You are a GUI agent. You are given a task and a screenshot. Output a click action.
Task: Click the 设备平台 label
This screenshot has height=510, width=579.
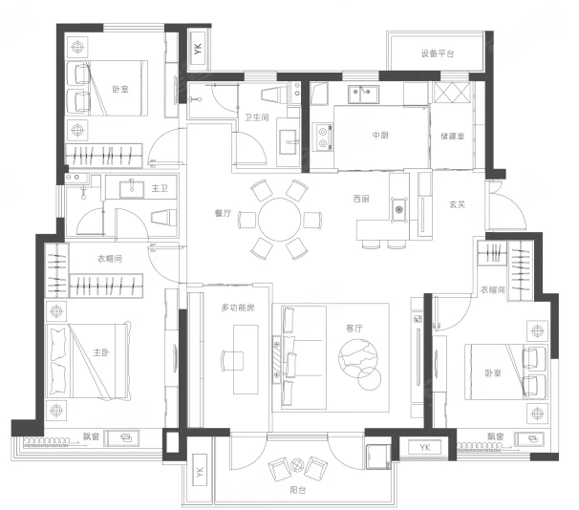click(x=438, y=53)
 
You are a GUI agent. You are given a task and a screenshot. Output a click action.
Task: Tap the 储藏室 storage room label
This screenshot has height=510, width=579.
click(x=452, y=137)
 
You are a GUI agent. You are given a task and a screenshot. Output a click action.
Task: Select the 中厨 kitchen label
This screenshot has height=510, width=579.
click(x=380, y=135)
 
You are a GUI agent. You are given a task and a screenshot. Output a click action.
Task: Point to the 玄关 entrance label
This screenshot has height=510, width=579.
click(x=457, y=204)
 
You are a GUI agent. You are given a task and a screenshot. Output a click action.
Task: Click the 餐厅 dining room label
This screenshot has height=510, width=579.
click(x=223, y=213)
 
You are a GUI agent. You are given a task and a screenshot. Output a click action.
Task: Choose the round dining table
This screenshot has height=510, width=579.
click(x=280, y=220)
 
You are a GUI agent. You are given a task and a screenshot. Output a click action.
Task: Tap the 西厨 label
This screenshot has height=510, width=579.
click(x=361, y=199)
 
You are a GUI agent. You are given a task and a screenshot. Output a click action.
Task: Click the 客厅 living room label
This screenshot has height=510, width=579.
click(x=354, y=329)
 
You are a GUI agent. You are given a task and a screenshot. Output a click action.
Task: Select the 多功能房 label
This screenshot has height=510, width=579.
click(x=238, y=308)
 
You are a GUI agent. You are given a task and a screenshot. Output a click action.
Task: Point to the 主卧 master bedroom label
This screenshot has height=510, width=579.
click(x=101, y=352)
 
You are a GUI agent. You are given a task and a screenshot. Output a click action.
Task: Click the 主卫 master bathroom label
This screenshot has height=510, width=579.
click(x=160, y=188)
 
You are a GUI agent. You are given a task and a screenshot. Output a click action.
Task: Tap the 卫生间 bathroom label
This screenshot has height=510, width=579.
click(x=257, y=117)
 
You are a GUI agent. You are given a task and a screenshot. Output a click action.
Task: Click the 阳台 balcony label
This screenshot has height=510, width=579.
click(x=298, y=490)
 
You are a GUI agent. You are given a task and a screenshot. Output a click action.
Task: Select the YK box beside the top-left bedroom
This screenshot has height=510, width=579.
click(x=199, y=49)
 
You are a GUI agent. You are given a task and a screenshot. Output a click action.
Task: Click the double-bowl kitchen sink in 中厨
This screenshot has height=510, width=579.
click(x=363, y=95)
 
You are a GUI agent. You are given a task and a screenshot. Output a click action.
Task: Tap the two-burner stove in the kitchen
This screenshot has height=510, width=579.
click(x=322, y=138)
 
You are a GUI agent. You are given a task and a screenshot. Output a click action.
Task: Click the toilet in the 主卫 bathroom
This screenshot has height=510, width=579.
click(x=163, y=217)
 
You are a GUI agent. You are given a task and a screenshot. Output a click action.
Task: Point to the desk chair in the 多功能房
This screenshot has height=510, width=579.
click(x=232, y=361)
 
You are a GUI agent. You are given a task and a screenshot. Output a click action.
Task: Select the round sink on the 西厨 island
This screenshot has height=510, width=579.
click(x=398, y=209)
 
